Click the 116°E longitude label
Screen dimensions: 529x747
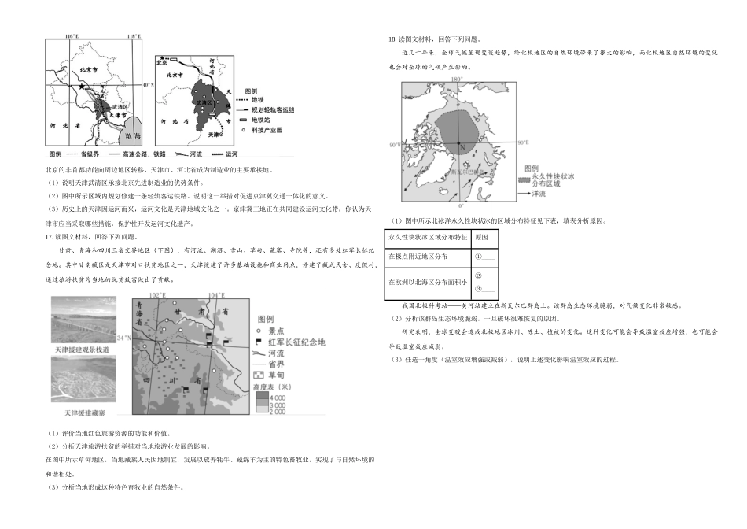tap(72, 36)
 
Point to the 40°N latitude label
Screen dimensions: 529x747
tap(148, 84)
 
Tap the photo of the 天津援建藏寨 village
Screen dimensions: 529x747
tap(84, 381)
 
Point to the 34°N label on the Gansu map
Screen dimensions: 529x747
tap(123, 338)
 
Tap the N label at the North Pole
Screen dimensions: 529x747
tap(462, 146)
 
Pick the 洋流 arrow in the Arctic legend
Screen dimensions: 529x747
tap(524, 193)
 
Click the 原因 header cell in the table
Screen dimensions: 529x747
tap(481, 237)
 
